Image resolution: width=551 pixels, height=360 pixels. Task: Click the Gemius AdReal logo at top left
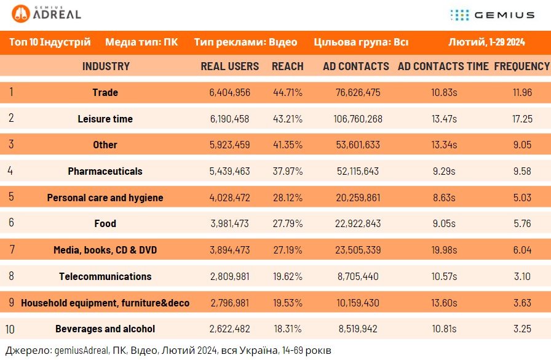pos(46,14)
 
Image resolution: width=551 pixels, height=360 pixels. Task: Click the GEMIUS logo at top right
pos(493,15)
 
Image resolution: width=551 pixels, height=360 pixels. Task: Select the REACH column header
pos(287,66)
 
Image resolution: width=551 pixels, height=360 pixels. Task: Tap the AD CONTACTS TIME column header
pos(443,66)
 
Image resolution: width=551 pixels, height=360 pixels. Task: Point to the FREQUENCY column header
pos(522,66)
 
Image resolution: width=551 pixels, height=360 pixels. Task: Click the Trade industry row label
pos(105,92)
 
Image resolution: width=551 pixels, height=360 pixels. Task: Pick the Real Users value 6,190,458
pos(229,119)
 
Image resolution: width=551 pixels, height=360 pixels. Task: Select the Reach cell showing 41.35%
pos(287,145)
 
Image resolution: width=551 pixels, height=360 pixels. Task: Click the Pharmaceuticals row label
pos(105,171)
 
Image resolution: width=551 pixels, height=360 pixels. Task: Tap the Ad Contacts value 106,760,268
pos(358,119)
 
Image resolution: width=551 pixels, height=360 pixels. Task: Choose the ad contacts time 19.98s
pos(444,250)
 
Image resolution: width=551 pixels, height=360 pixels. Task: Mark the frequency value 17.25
pos(522,119)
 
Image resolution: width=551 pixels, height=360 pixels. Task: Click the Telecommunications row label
pos(105,276)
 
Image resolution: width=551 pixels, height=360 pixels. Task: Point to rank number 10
pos(10,329)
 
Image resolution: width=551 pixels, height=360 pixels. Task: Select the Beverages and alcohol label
pos(105,329)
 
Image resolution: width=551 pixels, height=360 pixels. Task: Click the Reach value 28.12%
pos(287,198)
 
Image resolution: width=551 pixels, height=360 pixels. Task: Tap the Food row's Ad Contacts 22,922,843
pos(358,223)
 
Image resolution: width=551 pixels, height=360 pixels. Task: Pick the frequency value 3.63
pos(522,303)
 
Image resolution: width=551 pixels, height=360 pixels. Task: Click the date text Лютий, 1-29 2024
pos(486,42)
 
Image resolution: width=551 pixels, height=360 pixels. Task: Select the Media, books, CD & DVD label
pos(105,250)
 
